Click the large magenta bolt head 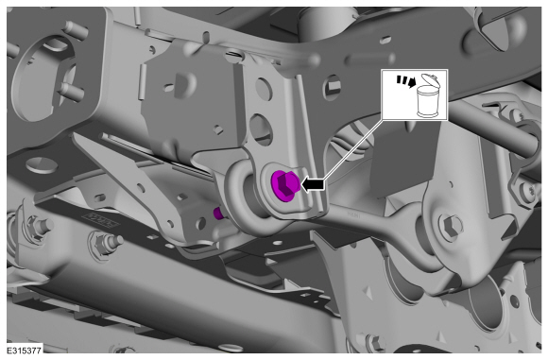pos(284,185)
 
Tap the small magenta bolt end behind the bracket pos(218,213)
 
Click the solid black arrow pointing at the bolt pos(312,184)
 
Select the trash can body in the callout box pos(428,102)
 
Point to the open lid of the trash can pos(429,79)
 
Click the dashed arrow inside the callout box pos(405,81)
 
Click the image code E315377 pos(25,351)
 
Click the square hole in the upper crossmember pos(332,87)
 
